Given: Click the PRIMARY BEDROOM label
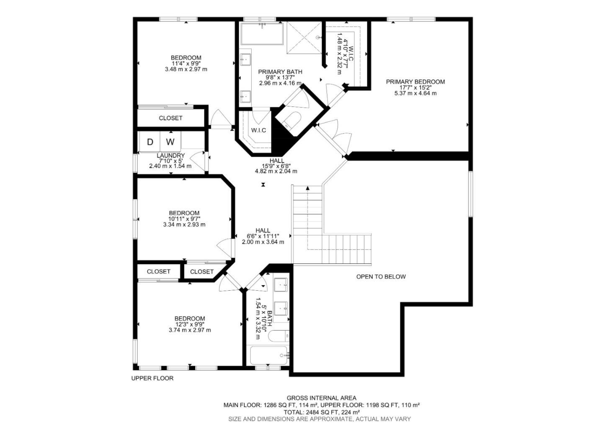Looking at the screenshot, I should click(x=415, y=82).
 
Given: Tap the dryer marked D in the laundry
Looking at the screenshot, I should click(x=150, y=142).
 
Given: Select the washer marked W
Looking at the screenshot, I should click(x=170, y=142).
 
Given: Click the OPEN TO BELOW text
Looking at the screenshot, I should click(x=381, y=276).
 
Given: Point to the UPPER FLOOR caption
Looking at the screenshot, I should click(x=152, y=378).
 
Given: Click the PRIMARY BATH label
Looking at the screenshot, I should click(x=280, y=72).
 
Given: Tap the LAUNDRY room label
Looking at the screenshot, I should click(x=170, y=155).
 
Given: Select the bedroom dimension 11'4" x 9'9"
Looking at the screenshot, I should click(x=186, y=64).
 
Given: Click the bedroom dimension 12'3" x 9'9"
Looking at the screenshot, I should click(x=190, y=324).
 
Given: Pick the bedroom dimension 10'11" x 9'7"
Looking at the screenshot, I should click(x=184, y=219).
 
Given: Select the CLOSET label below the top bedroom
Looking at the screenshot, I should click(x=170, y=118).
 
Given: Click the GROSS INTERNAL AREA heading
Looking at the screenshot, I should click(x=321, y=398).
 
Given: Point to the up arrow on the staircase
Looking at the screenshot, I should click(x=308, y=188).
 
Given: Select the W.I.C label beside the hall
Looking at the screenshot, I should click(x=258, y=130).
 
